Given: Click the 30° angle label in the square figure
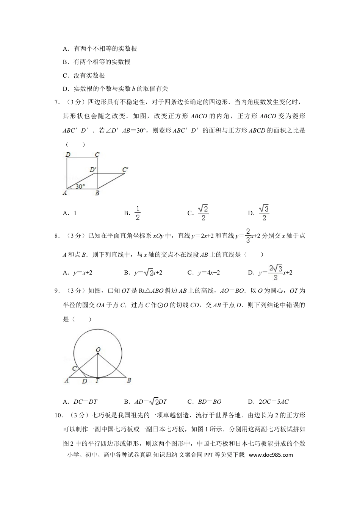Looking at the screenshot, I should pyautogui.click(x=80, y=186).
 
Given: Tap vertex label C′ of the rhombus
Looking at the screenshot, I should pyautogui.click(x=125, y=169).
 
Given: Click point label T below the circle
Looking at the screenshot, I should pyautogui.click(x=97, y=381).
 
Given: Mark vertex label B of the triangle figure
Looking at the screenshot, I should pyautogui.click(x=129, y=380).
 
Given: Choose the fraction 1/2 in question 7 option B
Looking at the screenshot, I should pyautogui.click(x=138, y=213).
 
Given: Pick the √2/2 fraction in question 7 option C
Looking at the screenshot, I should pyautogui.click(x=203, y=213).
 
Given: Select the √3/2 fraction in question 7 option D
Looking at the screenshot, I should pyautogui.click(x=264, y=213).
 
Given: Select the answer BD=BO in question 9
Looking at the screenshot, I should pyautogui.click(x=210, y=402).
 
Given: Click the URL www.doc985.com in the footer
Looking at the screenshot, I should pyautogui.click(x=271, y=455).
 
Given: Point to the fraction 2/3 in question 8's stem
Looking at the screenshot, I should pyautogui.click(x=248, y=236).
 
